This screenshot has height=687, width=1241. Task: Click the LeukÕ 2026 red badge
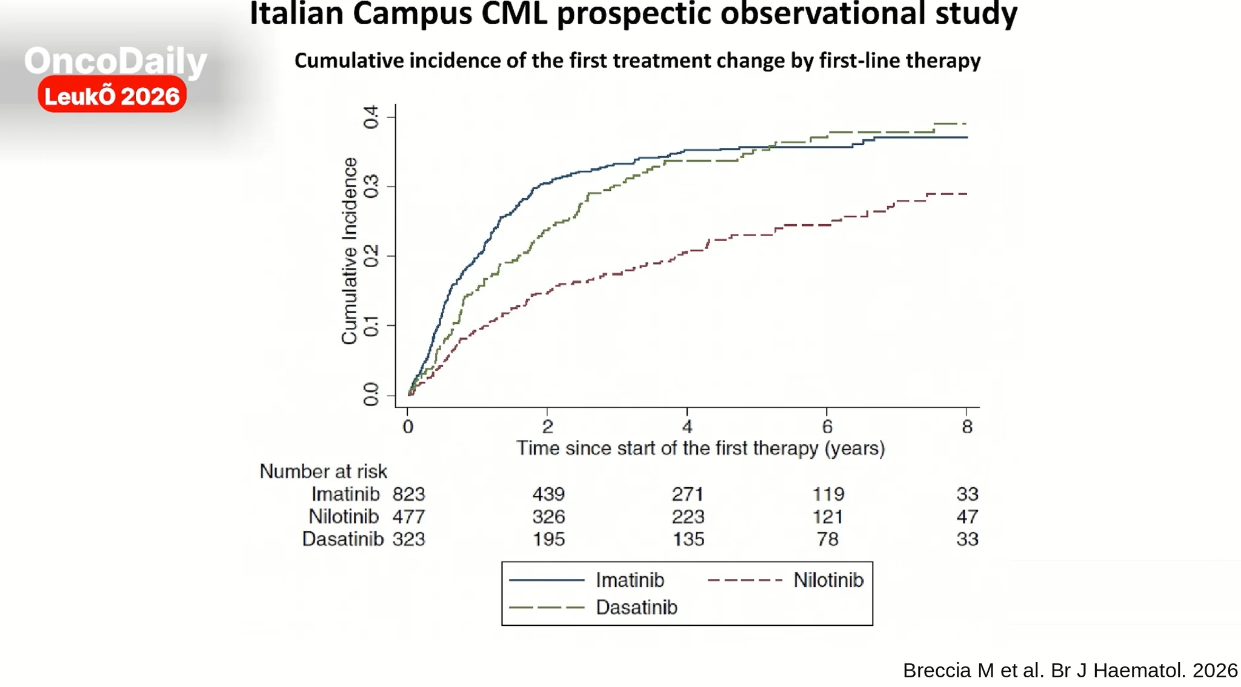112,95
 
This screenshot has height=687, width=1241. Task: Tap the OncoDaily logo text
115,61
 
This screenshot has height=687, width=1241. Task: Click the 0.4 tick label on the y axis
370,117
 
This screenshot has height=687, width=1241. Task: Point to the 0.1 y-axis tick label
370,326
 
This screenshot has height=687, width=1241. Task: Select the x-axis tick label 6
827,427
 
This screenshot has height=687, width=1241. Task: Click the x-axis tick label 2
547,427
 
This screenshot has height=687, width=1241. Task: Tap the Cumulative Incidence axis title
349,251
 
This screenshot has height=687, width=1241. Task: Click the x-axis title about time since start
700,448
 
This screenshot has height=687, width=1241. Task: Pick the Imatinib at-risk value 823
409,494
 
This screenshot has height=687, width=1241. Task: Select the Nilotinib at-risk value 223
688,517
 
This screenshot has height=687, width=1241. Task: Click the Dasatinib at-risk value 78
828,539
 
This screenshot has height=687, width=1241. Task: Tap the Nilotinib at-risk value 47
968,517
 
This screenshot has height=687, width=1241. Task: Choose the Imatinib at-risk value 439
549,494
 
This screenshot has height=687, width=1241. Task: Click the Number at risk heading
323,471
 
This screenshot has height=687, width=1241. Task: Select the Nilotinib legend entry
786,580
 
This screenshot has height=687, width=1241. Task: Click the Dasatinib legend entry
593,607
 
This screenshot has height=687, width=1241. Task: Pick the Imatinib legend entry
587,580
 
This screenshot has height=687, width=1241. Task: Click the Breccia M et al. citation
1070,671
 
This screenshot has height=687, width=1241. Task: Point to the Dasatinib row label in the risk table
343,539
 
